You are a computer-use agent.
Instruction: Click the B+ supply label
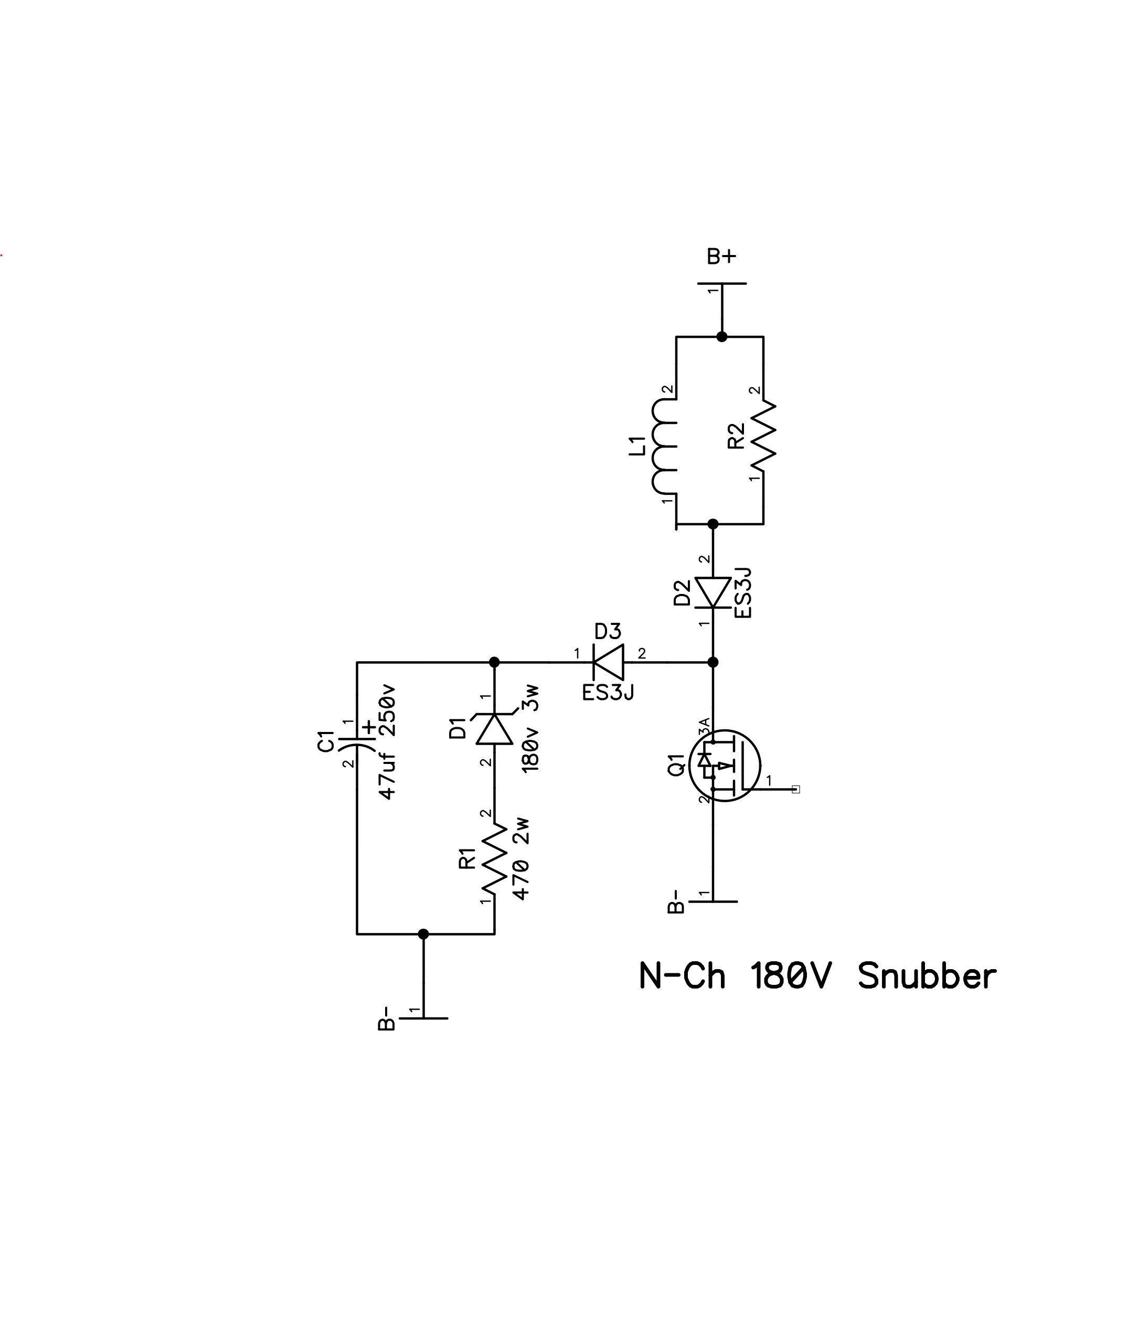tap(721, 257)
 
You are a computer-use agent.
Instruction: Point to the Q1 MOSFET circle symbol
tap(725, 766)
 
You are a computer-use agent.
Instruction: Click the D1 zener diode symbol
tap(494, 728)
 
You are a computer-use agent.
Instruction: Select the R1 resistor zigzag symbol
tap(494, 861)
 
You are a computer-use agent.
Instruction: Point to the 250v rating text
tap(387, 709)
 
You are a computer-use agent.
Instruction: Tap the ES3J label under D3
tap(608, 692)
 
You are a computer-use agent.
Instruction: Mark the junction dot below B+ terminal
tap(721, 336)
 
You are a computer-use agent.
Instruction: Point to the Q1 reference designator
tap(676, 764)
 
